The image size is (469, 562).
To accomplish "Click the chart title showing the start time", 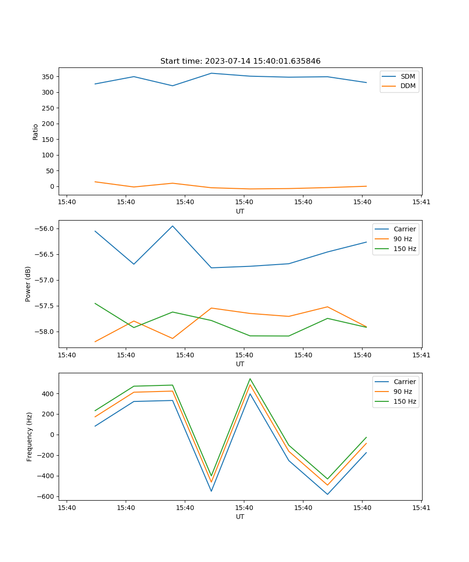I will (x=240, y=61).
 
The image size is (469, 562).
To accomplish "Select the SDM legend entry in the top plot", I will (x=408, y=76).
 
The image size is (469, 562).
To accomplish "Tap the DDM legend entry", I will (x=408, y=86).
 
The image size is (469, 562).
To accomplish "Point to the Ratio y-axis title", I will (x=36, y=132).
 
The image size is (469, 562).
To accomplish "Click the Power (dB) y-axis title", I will (x=28, y=284).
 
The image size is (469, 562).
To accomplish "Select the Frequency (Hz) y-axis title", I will (x=30, y=436).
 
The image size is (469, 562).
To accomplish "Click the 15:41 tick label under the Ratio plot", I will (x=421, y=202).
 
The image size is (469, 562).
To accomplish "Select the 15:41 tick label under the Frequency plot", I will (x=421, y=508).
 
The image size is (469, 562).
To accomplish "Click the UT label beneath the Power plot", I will (x=240, y=364).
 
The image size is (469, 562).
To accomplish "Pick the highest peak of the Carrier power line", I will (x=173, y=226).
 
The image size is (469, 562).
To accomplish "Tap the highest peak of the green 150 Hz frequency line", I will (x=250, y=379).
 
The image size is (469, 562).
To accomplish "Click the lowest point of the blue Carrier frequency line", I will (x=327, y=494).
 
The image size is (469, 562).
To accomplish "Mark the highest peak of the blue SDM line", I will (x=212, y=73).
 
